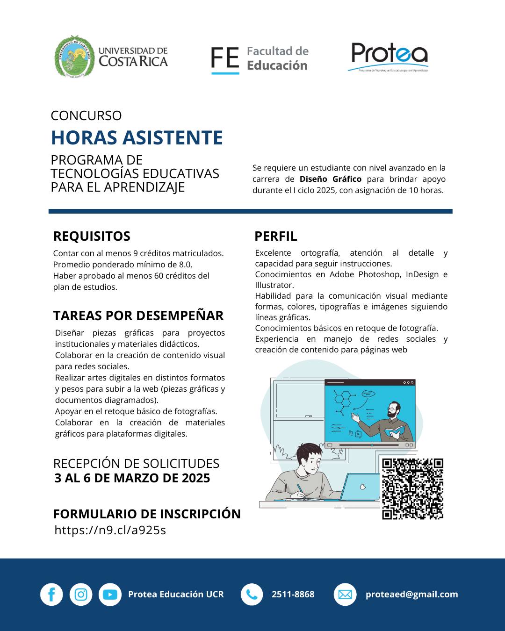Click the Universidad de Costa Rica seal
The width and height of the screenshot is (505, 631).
(73, 57)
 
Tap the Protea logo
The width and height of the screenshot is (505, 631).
(389, 55)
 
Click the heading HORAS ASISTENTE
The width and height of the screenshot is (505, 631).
(137, 138)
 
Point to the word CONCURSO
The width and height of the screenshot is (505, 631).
(86, 115)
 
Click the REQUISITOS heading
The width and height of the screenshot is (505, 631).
(92, 236)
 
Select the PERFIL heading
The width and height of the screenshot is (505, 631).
(276, 236)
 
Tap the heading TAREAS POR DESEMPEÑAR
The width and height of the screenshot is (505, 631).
(138, 315)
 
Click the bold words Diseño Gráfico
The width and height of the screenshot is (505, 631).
(331, 179)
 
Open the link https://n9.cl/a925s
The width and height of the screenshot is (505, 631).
(110, 530)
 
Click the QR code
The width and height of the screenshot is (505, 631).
(412, 489)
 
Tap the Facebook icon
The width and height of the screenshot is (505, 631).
(51, 595)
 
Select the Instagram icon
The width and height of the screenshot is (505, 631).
(81, 595)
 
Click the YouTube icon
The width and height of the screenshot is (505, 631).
(110, 595)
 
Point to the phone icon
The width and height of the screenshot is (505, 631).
(252, 595)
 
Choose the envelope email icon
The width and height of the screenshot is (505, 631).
(345, 595)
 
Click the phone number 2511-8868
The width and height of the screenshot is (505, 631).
(293, 595)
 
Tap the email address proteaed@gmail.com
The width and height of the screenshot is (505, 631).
(411, 595)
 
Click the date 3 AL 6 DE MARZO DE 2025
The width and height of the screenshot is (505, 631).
(132, 478)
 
